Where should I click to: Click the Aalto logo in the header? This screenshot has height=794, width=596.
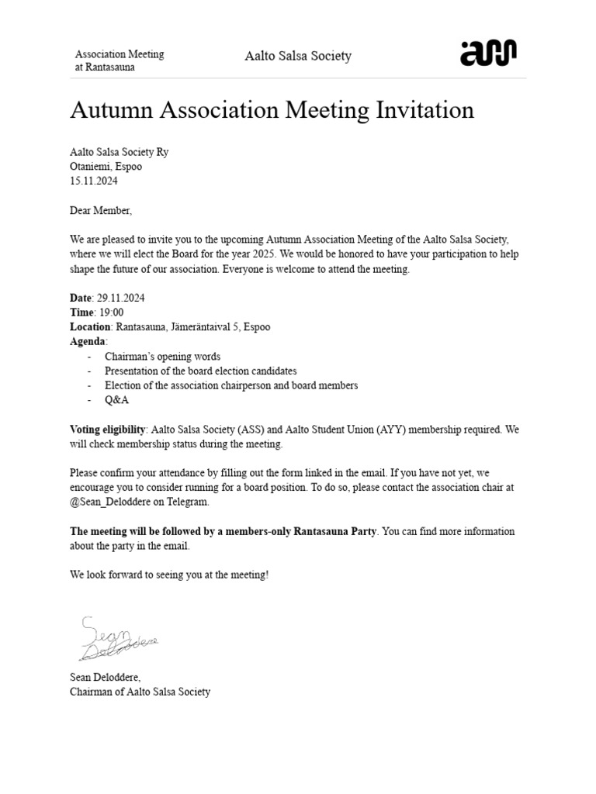(x=488, y=54)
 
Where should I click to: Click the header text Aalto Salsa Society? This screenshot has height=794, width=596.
(x=298, y=56)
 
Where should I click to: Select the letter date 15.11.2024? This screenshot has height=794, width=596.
(x=94, y=181)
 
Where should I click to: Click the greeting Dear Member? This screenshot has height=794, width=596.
(x=101, y=210)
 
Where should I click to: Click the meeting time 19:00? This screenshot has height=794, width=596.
(x=109, y=312)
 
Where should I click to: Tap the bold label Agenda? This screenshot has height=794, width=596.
(x=88, y=342)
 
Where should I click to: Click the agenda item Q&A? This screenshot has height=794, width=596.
(x=116, y=400)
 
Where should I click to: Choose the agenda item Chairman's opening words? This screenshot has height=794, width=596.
(x=162, y=357)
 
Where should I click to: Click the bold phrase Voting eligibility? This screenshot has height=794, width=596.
(x=107, y=430)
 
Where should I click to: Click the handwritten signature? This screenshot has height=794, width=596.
(x=116, y=639)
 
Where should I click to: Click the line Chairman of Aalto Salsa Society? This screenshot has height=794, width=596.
(x=140, y=692)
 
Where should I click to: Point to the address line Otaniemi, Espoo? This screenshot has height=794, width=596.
(x=106, y=166)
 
